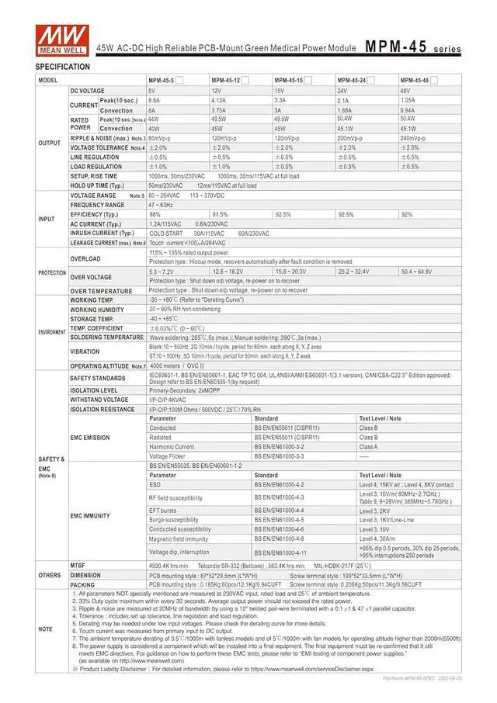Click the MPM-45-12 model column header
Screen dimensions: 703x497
coord(226,81)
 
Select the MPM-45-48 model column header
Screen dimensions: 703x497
coord(416,81)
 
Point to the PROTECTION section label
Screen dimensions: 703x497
coord(52,273)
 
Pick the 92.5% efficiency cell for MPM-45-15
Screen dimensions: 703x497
coord(283,214)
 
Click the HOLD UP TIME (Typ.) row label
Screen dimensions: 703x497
coord(97,186)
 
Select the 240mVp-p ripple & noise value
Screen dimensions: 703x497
coord(413,138)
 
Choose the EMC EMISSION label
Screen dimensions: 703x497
coord(90,438)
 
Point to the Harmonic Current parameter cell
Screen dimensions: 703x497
coord(172,447)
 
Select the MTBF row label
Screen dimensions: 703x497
coord(78,566)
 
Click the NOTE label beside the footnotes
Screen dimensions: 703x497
coord(46,629)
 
